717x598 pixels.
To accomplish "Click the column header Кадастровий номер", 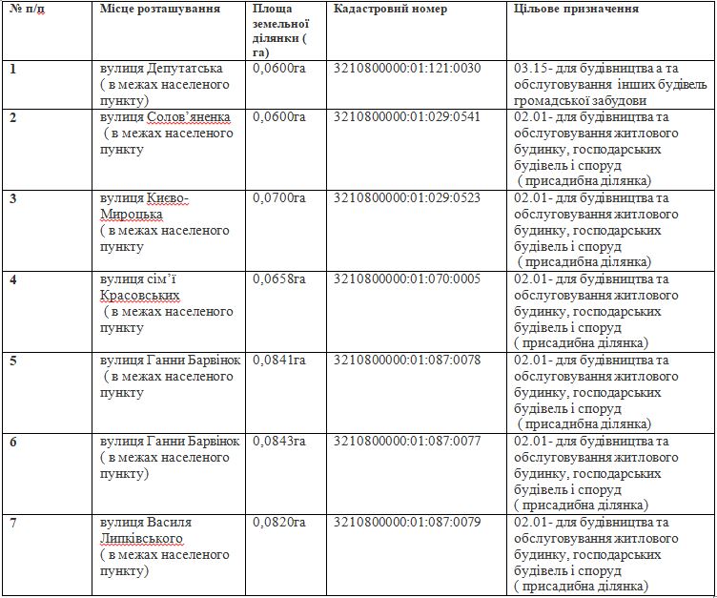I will tap(391, 9).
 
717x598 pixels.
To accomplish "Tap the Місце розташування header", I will tap(159, 9).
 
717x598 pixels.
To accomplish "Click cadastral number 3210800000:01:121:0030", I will tap(408, 69).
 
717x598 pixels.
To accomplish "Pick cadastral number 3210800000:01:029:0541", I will tap(408, 117).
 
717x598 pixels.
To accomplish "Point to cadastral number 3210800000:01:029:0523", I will tap(408, 198).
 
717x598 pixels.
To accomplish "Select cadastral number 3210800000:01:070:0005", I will tap(408, 279).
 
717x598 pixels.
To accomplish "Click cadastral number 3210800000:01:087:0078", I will tap(408, 361).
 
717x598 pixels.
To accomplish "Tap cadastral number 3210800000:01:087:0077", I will tap(408, 442).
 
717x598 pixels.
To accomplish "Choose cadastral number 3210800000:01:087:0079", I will tap(408, 523).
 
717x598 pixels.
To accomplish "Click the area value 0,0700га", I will tap(279, 198).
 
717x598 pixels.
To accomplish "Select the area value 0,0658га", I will tap(279, 279).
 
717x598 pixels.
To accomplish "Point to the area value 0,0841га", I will tap(279, 361).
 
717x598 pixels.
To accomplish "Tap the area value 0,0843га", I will tap(279, 442).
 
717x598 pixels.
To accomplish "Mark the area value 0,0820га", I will tap(279, 523).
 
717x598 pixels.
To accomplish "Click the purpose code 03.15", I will tap(528, 69).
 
